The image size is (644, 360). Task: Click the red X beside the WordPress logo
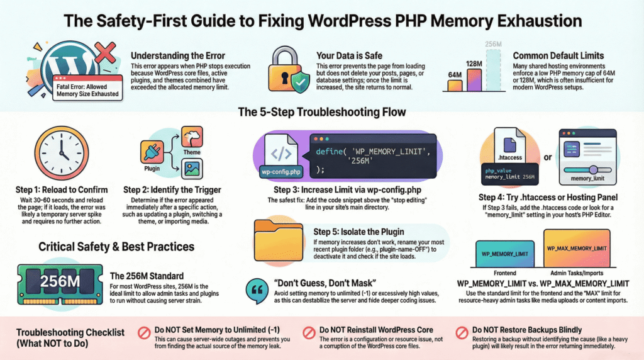click(105, 53)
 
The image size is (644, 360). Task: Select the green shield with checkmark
click(301, 82)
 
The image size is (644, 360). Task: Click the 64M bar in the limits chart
click(455, 85)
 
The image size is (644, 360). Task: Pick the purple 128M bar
click(474, 80)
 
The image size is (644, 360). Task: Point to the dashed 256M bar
click(493, 70)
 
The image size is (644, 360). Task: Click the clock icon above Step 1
click(61, 153)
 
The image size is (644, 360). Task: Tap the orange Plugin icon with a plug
click(152, 152)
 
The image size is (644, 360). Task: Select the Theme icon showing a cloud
click(192, 137)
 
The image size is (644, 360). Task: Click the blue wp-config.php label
click(281, 172)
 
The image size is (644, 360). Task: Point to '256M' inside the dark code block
click(360, 161)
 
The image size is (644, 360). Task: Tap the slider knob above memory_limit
click(593, 169)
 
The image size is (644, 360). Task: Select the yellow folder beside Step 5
click(279, 241)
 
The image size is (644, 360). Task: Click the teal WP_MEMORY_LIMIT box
click(505, 254)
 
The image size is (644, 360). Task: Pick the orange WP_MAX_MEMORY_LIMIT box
click(577, 248)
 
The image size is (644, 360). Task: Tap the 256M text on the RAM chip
click(60, 281)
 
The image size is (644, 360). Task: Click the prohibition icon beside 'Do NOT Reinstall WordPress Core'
click(309, 332)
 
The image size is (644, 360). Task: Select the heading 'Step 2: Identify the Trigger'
click(172, 190)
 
